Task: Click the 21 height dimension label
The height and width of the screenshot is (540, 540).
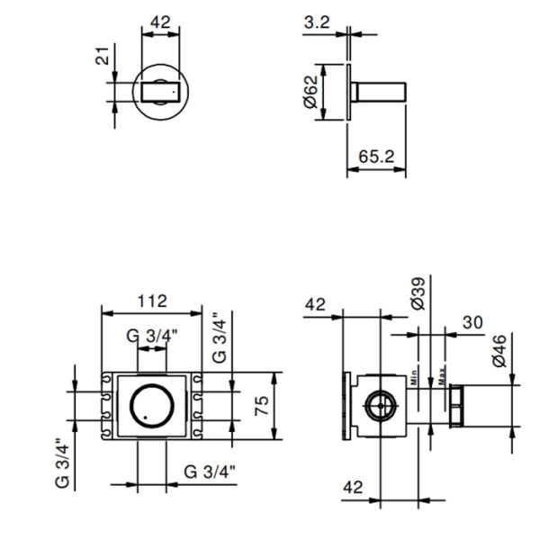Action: click(103, 61)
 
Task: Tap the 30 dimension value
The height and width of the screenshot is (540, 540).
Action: click(472, 321)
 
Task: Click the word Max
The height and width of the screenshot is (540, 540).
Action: click(442, 373)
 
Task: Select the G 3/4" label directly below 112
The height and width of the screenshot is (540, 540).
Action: click(152, 336)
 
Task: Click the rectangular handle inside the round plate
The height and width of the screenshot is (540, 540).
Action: click(161, 92)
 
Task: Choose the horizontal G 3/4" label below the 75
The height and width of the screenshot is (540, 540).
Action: click(209, 472)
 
